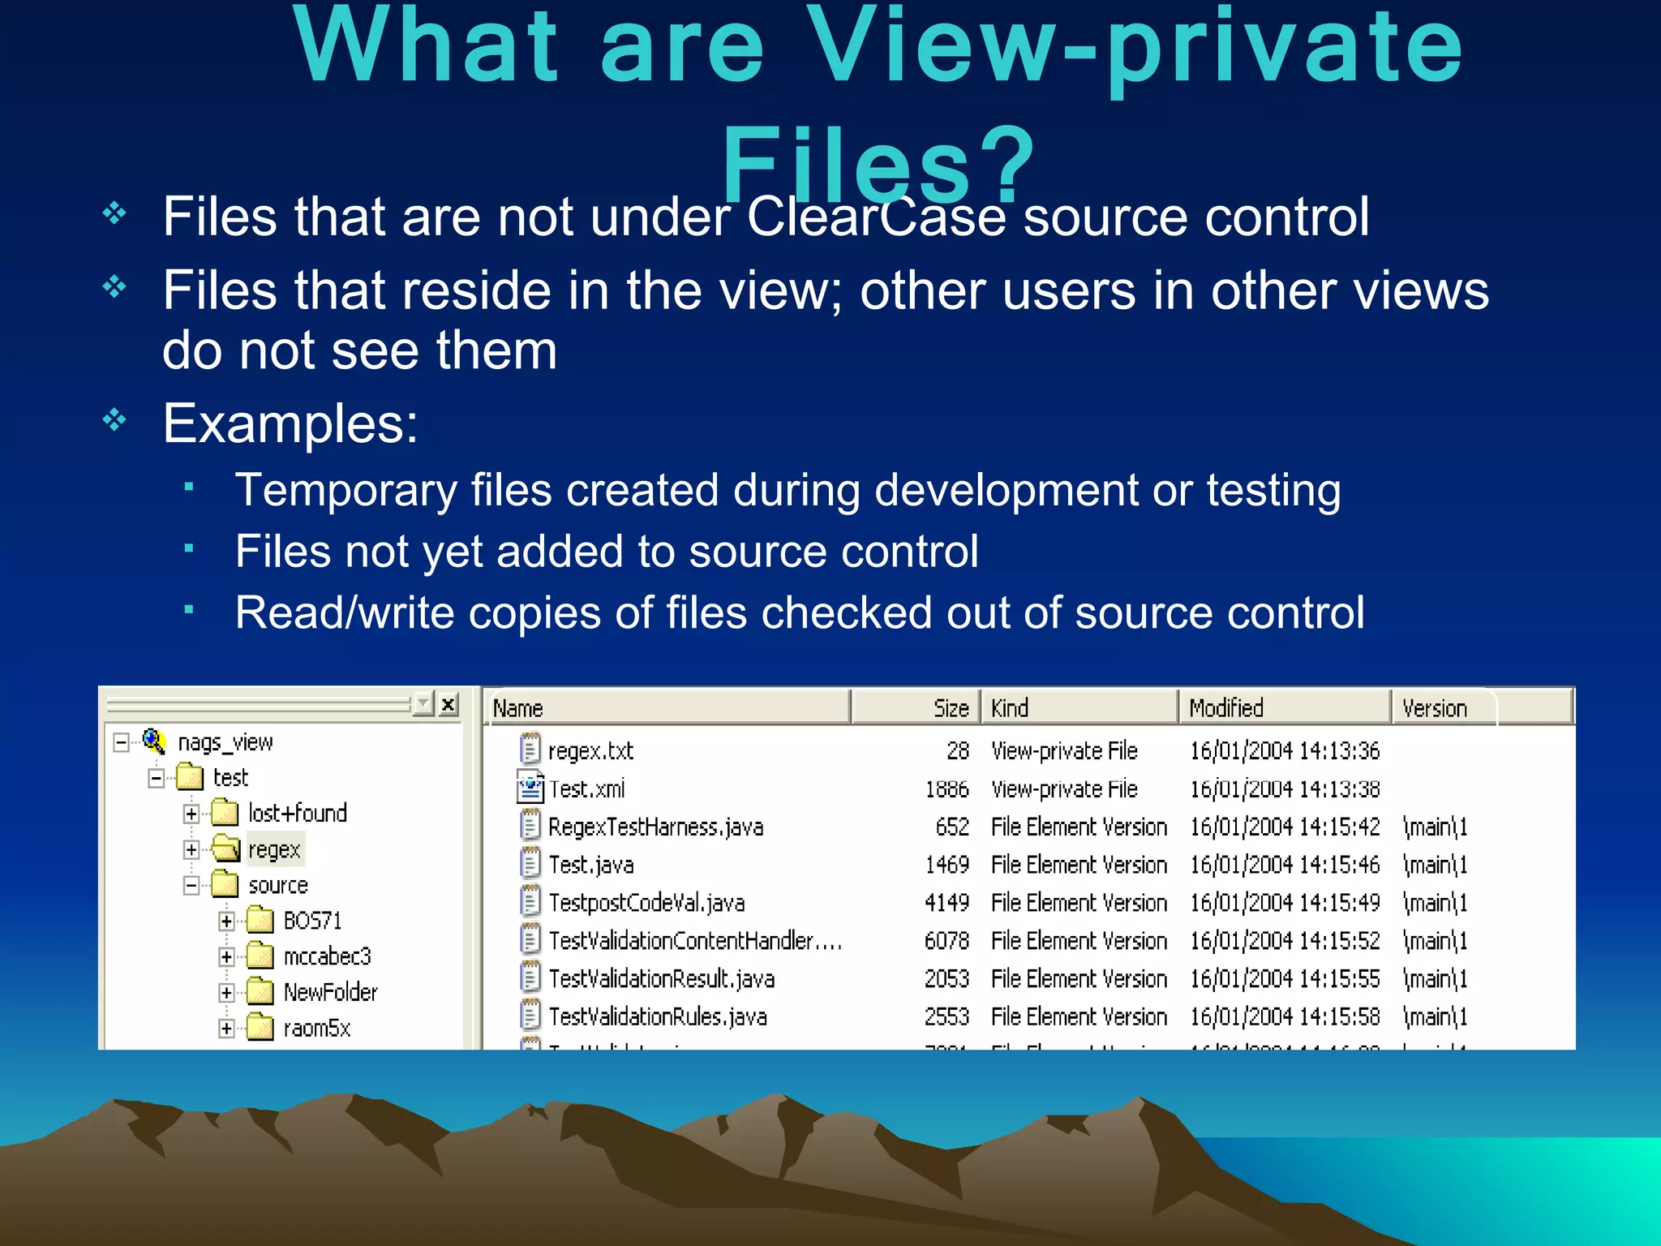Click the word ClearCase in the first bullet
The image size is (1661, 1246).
[x=875, y=217]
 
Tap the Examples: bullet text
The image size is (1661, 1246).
[x=290, y=423]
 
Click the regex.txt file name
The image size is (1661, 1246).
[x=590, y=751]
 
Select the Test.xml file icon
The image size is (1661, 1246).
[x=530, y=788]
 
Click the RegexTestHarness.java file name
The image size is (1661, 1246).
[x=655, y=827]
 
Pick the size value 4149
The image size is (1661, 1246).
[x=946, y=903]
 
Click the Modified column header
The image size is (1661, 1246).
[x=1226, y=708]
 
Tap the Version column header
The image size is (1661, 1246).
[x=1434, y=708]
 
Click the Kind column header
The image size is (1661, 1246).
[x=1010, y=708]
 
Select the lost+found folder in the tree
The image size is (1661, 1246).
[x=297, y=813]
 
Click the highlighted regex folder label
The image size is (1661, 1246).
[x=274, y=849]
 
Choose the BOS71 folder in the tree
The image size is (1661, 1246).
[x=312, y=921]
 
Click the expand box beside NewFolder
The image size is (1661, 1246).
[x=226, y=993]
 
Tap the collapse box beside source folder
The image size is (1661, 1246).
[x=191, y=885]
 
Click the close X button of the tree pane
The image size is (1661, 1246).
[x=448, y=704]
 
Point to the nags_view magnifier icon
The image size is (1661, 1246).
[x=154, y=741]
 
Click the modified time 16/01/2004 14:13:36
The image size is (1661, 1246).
[x=1284, y=751]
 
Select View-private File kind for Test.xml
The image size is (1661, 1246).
[x=1064, y=789]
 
